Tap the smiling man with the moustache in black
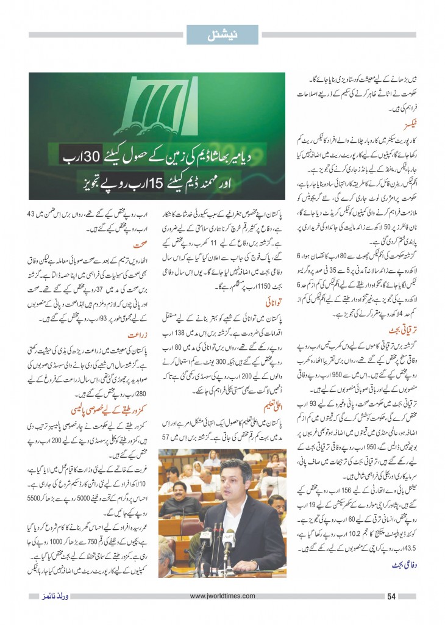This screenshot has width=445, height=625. (x=182, y=479)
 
